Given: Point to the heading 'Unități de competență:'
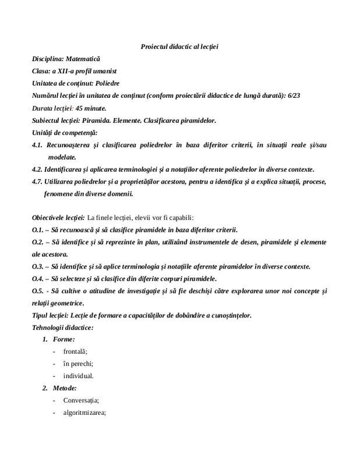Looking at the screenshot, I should pyautogui.click(x=65, y=133).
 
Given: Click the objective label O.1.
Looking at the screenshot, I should pyautogui.click(x=38, y=230).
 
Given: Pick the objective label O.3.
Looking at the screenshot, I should pyautogui.click(x=38, y=266).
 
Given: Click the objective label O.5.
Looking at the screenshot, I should pyautogui.click(x=38, y=291).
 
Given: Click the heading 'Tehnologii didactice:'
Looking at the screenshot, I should pyautogui.click(x=63, y=327).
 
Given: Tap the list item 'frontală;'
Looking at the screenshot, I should pyautogui.click(x=75, y=352).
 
